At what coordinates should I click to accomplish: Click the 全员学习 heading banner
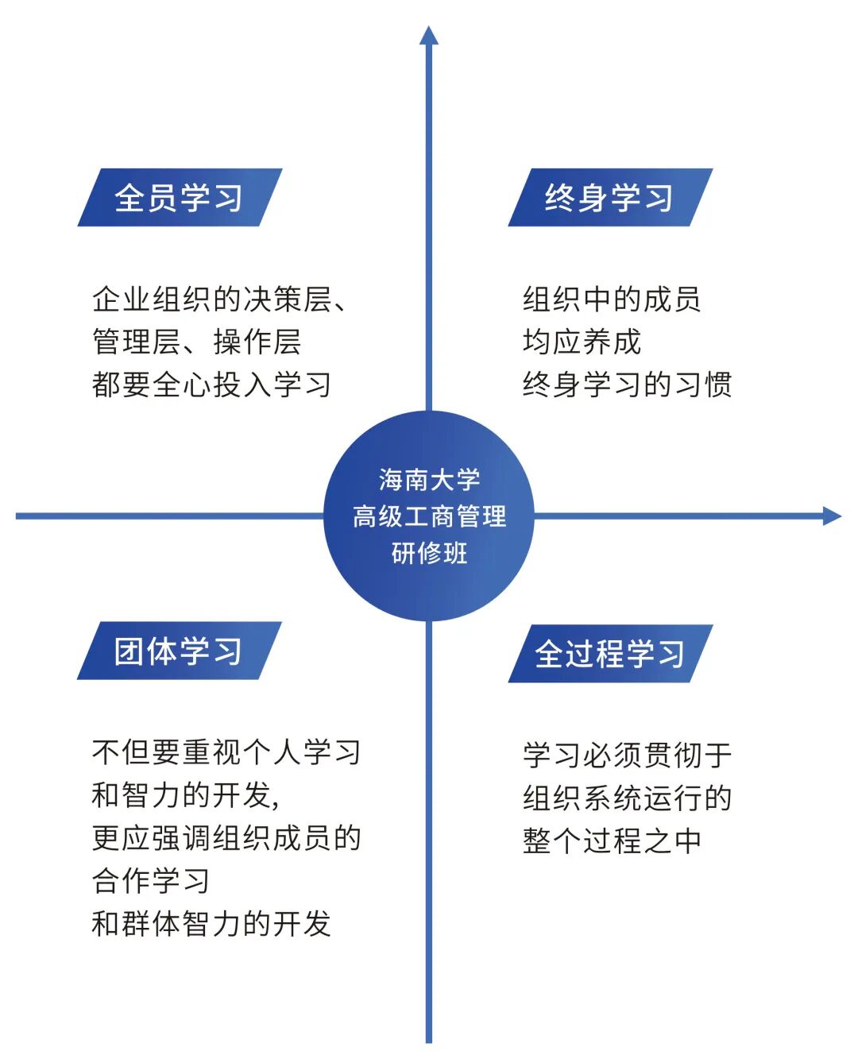click(x=180, y=198)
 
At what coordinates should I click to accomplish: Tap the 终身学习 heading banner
click(x=609, y=198)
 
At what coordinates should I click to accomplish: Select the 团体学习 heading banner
click(x=179, y=651)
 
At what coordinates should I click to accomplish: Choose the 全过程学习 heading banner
click(x=609, y=654)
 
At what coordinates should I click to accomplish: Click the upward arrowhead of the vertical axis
click(x=429, y=36)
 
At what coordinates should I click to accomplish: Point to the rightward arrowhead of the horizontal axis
click(x=831, y=516)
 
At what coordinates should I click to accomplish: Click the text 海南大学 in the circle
click(x=429, y=480)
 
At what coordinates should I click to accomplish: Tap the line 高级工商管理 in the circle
click(x=429, y=516)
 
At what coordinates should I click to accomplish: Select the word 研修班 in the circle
click(x=429, y=553)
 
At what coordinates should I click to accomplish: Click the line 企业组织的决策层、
click(x=219, y=299)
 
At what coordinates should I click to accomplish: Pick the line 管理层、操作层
click(x=197, y=342)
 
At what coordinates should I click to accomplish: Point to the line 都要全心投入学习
click(x=211, y=385)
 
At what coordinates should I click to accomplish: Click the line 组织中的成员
click(x=612, y=299)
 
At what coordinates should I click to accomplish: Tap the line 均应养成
click(x=582, y=342)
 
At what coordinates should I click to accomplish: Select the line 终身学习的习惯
click(x=627, y=385)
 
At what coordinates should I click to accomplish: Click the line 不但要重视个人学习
click(x=226, y=752)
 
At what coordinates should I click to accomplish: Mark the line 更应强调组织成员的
click(x=226, y=838)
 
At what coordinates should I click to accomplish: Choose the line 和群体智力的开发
click(x=211, y=924)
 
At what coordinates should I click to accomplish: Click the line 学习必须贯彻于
click(x=627, y=755)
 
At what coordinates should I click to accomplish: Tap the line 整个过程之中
click(x=612, y=841)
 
